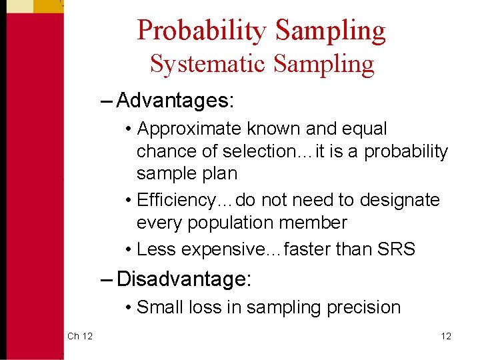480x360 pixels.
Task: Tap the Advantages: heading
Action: coord(175,101)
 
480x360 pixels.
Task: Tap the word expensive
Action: coord(225,249)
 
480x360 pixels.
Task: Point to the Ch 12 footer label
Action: coord(79,336)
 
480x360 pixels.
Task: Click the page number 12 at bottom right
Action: coord(445,336)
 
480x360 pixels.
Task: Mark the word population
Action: coord(224,223)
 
